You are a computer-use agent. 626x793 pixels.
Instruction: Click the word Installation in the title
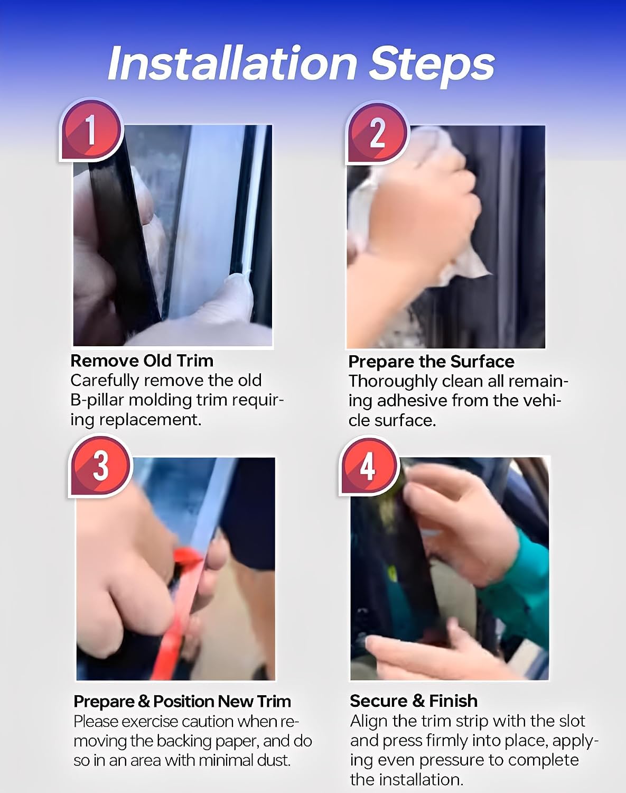tap(232, 63)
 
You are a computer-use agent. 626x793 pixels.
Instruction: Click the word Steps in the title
tap(432, 66)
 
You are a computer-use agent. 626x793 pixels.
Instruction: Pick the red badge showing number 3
tap(100, 466)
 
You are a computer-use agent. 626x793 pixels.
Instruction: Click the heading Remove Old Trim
tap(142, 361)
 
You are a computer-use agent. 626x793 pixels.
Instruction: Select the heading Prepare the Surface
tap(431, 362)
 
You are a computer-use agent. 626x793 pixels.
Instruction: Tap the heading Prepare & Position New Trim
tap(182, 701)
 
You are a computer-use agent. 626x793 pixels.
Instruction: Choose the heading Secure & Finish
tap(414, 700)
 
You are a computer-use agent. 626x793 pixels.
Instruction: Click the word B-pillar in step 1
tap(97, 400)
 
